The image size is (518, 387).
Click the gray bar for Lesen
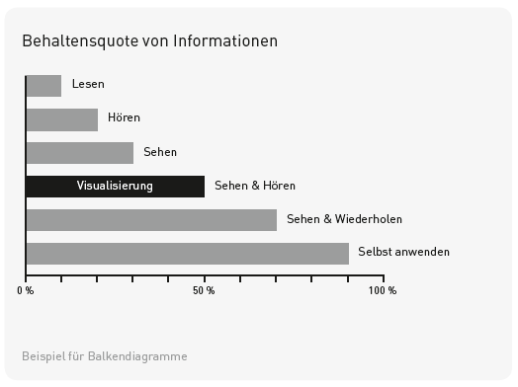point(43,86)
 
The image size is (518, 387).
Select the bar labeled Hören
point(61,119)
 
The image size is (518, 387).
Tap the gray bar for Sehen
point(79,153)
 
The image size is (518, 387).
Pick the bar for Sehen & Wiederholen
point(151,219)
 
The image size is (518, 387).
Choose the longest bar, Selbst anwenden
point(187,253)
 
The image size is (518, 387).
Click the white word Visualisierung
point(115,187)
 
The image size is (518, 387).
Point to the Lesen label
point(88,85)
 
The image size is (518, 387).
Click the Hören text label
point(124,118)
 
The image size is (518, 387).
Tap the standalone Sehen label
point(160,152)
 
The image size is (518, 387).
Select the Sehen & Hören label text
point(255,186)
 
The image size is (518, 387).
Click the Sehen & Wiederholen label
point(344,219)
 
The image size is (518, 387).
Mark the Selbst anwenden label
point(403,253)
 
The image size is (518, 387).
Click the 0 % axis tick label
point(26,291)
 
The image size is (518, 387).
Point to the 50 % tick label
point(204,291)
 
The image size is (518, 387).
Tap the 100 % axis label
point(383,291)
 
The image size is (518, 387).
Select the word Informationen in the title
point(225,41)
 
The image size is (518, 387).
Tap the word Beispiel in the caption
point(43,356)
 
